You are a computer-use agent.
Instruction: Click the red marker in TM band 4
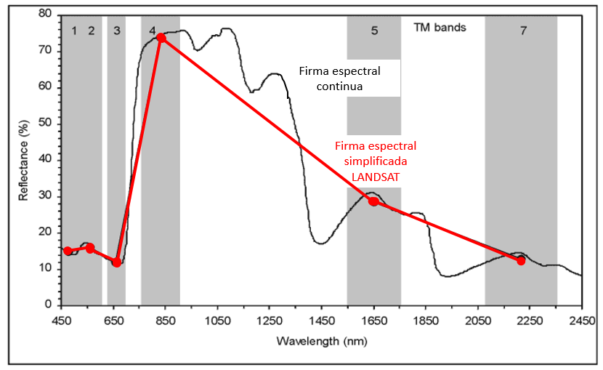[x=161, y=37]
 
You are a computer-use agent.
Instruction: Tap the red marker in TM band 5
[x=373, y=201]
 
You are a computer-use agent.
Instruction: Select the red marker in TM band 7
[x=521, y=260]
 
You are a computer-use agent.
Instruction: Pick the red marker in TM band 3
[x=116, y=262]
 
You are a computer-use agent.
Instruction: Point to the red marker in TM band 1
[x=68, y=251]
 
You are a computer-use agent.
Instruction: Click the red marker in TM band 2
[x=90, y=248]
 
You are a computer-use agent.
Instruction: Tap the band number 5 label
[x=374, y=31]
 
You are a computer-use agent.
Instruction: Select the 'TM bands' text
[x=440, y=28]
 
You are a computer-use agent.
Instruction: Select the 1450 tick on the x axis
[x=321, y=320]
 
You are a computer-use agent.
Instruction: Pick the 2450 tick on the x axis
[x=580, y=320]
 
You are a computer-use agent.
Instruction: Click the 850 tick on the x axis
[x=166, y=320]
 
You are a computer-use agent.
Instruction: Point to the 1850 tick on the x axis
[x=425, y=320]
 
